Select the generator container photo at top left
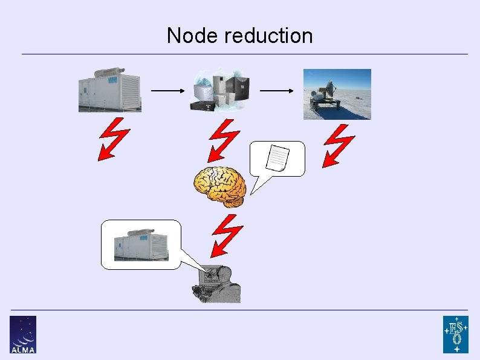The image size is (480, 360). click(x=110, y=90)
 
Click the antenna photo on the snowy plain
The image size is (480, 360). click(x=337, y=94)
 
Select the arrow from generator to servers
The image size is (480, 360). click(x=167, y=91)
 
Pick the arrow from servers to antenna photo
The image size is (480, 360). click(x=277, y=91)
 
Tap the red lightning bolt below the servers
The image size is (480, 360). click(x=224, y=139)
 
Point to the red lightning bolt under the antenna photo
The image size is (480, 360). click(x=338, y=145)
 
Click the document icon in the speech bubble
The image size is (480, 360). click(x=278, y=159)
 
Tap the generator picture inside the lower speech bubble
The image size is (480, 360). click(x=141, y=244)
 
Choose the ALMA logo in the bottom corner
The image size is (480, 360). click(x=22, y=334)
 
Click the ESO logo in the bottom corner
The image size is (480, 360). click(x=455, y=334)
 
